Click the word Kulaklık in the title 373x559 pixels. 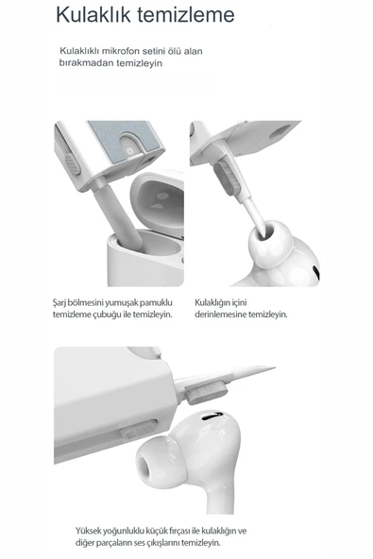pos(92,15)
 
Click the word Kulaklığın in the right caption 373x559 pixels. pos(217,302)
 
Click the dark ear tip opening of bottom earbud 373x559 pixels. pos(150,466)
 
